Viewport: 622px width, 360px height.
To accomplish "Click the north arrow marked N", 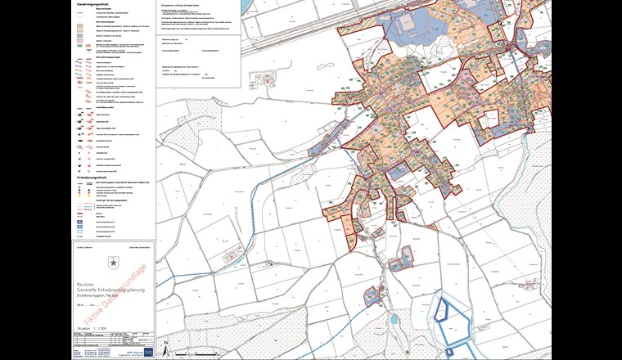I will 165,347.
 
